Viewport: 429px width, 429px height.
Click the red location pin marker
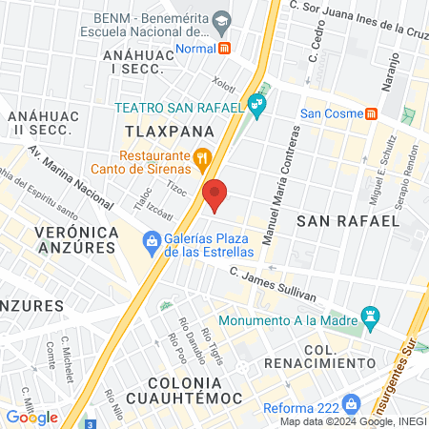pos(215,194)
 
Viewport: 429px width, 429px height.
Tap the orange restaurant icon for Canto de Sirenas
pos(201,157)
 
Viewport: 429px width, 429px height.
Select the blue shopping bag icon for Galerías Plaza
pos(151,241)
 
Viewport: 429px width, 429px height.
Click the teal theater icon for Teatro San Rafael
pos(255,103)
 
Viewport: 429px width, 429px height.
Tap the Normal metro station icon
pos(225,48)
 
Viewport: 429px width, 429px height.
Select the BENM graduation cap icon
pos(221,20)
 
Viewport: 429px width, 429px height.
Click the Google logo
pos(31,417)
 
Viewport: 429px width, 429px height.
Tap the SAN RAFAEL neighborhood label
pos(347,220)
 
